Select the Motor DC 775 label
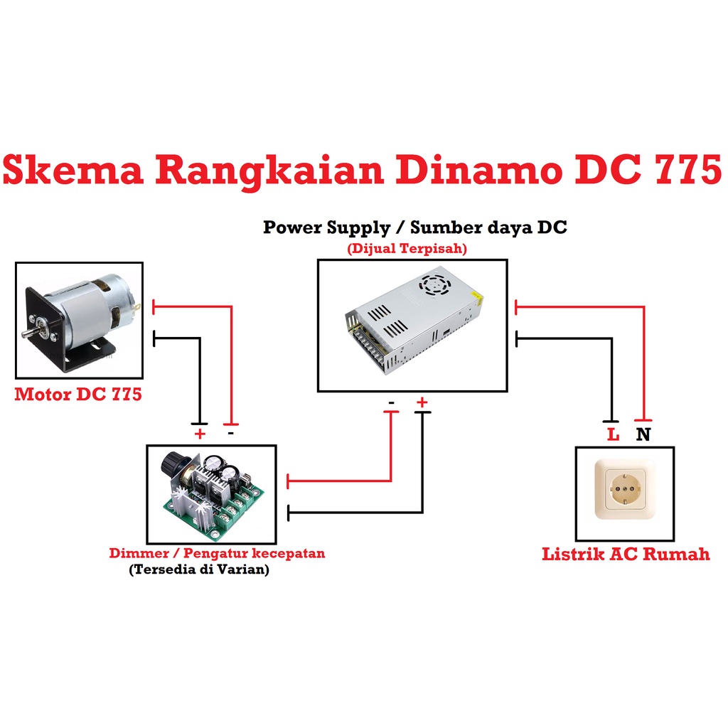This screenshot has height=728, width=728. click(78, 394)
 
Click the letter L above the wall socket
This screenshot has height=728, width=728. click(613, 434)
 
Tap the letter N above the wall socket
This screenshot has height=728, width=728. click(643, 434)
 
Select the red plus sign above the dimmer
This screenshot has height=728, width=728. click(200, 433)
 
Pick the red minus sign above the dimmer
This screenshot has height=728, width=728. click(231, 432)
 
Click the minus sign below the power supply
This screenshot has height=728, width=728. click(392, 403)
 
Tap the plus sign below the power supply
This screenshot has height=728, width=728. click(422, 403)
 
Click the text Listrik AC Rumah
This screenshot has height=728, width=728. click(626, 554)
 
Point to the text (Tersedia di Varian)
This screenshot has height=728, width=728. click(199, 569)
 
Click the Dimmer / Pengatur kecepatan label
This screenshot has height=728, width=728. click(217, 553)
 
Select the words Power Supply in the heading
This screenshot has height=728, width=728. click(326, 228)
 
